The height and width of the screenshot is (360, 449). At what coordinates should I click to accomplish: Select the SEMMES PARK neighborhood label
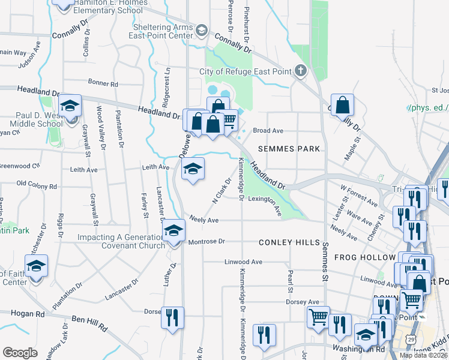(x=289, y=148)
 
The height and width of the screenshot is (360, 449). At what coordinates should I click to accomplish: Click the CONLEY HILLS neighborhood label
(x=289, y=242)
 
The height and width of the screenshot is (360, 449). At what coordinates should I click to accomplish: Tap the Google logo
(x=20, y=353)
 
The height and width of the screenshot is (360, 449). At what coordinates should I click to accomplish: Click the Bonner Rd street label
(x=103, y=84)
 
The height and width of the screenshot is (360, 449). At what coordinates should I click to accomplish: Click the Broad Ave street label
(x=268, y=130)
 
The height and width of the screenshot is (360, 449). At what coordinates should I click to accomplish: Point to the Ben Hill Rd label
(x=89, y=323)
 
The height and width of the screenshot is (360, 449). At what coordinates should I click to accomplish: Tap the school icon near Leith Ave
(x=193, y=170)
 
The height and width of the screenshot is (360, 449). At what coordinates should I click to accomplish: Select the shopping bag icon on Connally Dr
(x=342, y=106)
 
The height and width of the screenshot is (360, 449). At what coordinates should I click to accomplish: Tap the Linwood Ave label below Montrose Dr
(x=243, y=262)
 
